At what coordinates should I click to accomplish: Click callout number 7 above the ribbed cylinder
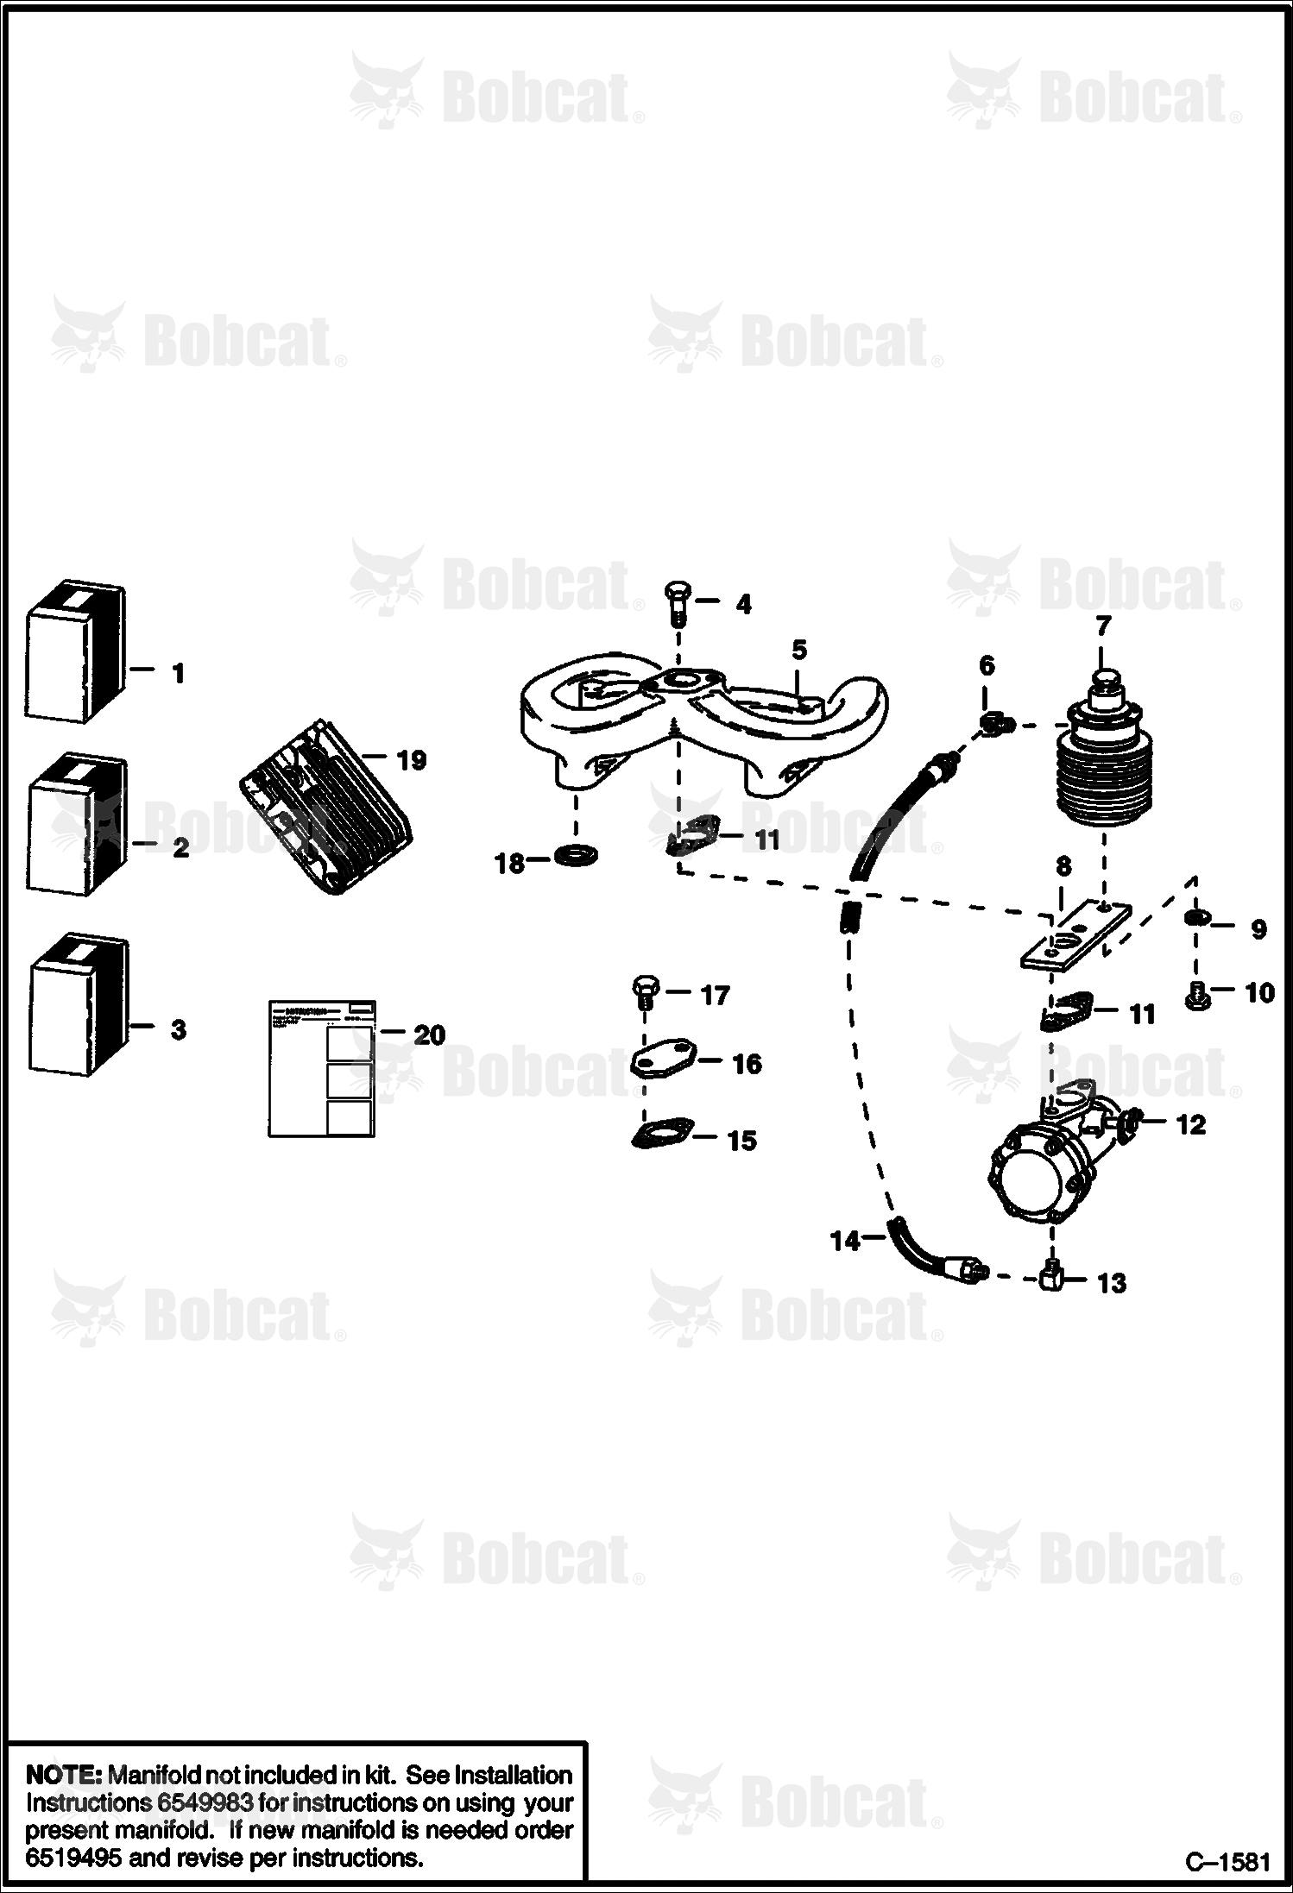click(x=1103, y=625)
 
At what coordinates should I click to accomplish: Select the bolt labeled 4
click(x=676, y=606)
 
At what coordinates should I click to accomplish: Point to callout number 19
click(x=411, y=760)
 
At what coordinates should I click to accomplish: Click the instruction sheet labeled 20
click(x=321, y=1069)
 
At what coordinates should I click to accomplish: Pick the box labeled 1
click(x=76, y=651)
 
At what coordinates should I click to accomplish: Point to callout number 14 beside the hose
click(x=845, y=1241)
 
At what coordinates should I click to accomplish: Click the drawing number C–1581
click(x=1227, y=1862)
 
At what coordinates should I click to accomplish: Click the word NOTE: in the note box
click(x=64, y=1775)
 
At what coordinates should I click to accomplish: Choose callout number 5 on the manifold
click(x=798, y=651)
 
